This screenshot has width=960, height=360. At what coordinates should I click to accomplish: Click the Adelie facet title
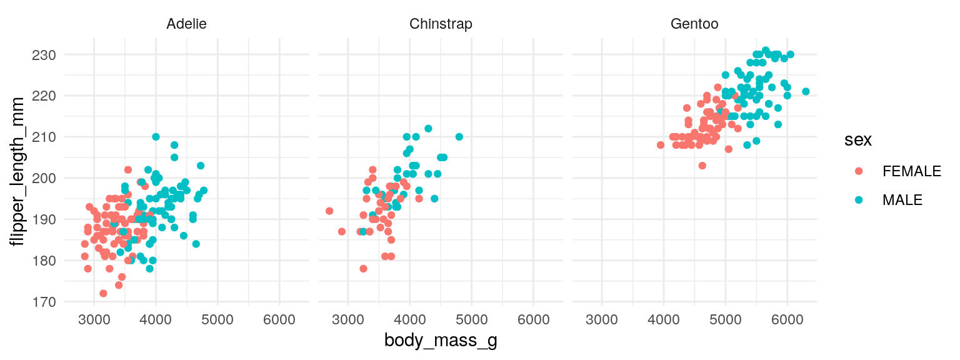(x=186, y=24)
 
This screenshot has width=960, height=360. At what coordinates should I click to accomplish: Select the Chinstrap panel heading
(x=441, y=24)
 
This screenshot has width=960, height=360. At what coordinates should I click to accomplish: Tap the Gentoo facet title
(x=694, y=24)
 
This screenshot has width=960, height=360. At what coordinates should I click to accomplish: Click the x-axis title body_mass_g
(x=441, y=341)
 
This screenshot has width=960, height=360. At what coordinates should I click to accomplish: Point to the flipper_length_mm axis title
(x=19, y=172)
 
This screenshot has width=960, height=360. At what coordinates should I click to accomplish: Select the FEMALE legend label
(x=911, y=171)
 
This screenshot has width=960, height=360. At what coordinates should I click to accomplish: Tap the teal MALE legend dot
(x=859, y=200)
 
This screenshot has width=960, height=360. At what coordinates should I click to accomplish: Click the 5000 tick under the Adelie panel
(x=217, y=319)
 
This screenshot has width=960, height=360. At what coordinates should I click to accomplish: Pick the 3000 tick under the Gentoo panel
(x=602, y=319)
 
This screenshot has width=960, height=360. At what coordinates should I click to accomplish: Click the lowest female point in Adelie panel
(x=103, y=293)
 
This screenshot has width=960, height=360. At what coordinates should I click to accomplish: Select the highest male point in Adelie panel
(x=156, y=137)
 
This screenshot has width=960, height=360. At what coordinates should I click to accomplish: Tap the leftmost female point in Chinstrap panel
(x=329, y=211)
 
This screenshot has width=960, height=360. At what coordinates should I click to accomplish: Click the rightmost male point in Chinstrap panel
(x=459, y=137)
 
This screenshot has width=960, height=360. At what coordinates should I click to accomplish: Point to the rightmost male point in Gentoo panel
(x=806, y=92)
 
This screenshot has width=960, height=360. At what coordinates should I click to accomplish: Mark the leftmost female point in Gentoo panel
(x=661, y=145)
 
